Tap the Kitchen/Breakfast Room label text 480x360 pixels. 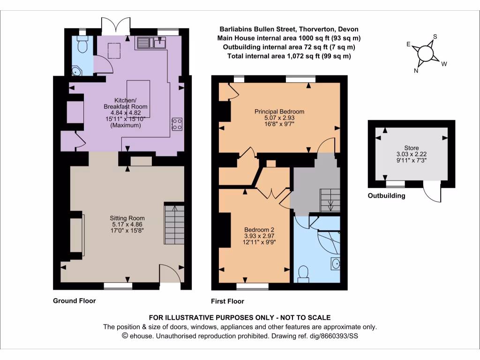(125, 104)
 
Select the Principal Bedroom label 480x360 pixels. (279, 112)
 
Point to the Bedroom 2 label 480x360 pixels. (256, 229)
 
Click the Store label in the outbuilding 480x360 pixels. (411, 148)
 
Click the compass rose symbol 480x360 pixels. (426, 53)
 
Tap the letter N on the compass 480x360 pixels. (416, 71)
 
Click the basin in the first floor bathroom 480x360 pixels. (335, 264)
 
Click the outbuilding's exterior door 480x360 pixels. (432, 193)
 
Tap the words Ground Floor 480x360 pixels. (74, 301)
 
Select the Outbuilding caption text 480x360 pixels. (386, 196)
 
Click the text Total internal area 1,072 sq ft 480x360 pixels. (289, 56)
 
